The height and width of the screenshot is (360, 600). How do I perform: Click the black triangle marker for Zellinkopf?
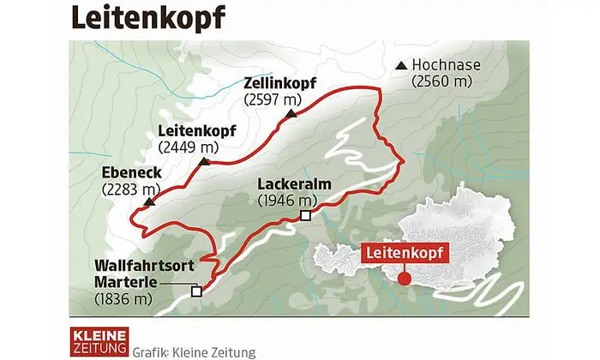click(x=293, y=113)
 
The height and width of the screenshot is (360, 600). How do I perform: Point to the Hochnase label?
click(x=446, y=65)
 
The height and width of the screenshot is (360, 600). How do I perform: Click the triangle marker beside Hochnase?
click(x=402, y=65)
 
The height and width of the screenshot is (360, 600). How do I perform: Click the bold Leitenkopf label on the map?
click(x=197, y=130)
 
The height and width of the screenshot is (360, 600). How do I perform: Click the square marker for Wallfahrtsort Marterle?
click(x=196, y=291)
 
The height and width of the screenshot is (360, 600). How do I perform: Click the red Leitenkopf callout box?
click(x=405, y=254)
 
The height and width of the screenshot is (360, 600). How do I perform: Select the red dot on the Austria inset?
click(x=405, y=277)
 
